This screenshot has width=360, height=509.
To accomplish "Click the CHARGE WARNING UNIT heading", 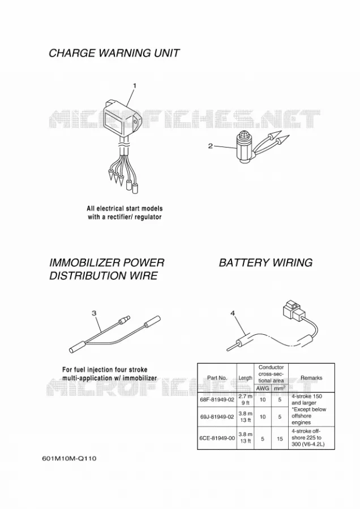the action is (x=114, y=53).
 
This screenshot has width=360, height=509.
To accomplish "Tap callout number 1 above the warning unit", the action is (x=135, y=86).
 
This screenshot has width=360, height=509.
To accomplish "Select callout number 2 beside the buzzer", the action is (x=210, y=146).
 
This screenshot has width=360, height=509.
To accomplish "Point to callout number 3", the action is (x=94, y=313).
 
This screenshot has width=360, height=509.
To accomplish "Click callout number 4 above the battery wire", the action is (x=232, y=313).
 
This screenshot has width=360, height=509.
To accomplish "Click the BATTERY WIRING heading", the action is (x=266, y=262).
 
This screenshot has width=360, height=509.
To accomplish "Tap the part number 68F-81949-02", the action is (x=217, y=400).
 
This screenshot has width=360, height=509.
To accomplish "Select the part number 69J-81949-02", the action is (x=217, y=416).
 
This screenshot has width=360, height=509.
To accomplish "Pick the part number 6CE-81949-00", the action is (x=217, y=438).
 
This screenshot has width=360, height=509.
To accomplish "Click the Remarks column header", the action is (x=311, y=378).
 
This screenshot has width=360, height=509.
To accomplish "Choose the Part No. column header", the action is (x=217, y=378).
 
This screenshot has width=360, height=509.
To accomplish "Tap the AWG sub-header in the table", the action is (x=263, y=388).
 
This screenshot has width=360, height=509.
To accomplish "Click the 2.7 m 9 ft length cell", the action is (x=245, y=400).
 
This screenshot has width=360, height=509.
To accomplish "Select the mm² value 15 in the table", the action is (x=280, y=438).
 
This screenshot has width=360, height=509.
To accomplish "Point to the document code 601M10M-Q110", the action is (x=69, y=459).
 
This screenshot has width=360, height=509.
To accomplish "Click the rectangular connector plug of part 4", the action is (x=294, y=309).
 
